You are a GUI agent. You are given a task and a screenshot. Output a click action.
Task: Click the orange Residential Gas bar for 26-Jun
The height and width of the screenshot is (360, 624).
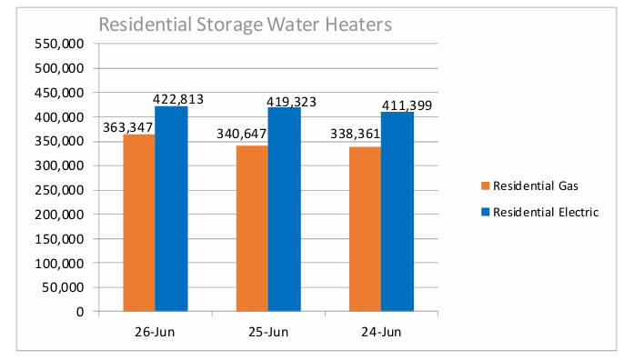139,223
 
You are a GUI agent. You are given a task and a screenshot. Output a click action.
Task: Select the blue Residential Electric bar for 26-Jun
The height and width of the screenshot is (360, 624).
171,208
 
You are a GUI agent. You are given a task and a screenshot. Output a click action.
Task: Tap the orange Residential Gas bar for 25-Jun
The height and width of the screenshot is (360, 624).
252,228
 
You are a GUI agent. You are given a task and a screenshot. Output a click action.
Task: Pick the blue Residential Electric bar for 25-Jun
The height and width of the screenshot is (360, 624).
284,209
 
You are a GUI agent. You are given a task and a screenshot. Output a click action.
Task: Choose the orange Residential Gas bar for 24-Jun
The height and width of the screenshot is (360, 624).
365,229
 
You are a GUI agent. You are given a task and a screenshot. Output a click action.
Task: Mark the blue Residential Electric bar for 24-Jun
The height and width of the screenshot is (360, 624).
398,211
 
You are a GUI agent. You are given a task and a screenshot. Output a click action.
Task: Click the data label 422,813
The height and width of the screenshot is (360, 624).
178,99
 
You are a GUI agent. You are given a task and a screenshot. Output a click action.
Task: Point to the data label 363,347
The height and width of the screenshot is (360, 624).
127,127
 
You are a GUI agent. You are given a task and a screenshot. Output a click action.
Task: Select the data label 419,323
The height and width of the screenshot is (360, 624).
291,102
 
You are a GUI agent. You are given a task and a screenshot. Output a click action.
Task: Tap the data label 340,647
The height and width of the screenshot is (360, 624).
241,134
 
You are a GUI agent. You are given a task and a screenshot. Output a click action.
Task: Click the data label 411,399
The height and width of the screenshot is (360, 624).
407,105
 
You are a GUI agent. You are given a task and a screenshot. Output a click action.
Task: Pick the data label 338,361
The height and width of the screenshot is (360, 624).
355,134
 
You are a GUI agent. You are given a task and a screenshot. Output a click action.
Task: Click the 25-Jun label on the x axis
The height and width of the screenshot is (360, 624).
268,332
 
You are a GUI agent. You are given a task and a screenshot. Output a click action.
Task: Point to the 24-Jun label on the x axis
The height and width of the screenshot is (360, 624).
381,332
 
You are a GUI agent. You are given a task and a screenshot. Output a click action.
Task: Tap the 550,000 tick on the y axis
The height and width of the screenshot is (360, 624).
59,44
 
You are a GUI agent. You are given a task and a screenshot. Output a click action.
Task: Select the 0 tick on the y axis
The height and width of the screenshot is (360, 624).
80,312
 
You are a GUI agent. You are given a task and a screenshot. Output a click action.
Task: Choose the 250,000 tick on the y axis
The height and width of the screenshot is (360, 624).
59,190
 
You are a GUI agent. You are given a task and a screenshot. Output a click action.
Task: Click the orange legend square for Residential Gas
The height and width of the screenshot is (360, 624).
485,185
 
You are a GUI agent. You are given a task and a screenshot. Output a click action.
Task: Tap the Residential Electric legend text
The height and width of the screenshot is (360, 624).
546,212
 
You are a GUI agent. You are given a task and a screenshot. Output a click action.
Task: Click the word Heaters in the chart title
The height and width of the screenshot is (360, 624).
358,25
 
